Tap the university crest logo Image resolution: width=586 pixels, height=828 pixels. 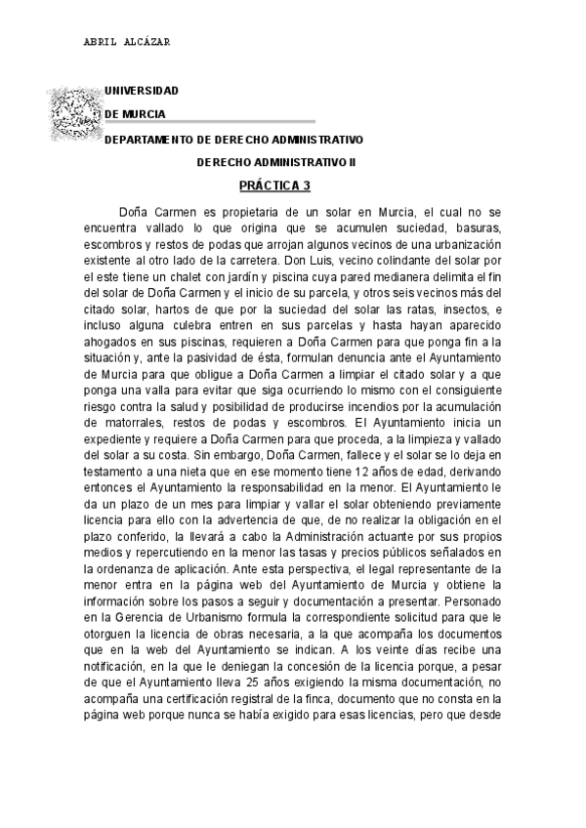(x=74, y=111)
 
